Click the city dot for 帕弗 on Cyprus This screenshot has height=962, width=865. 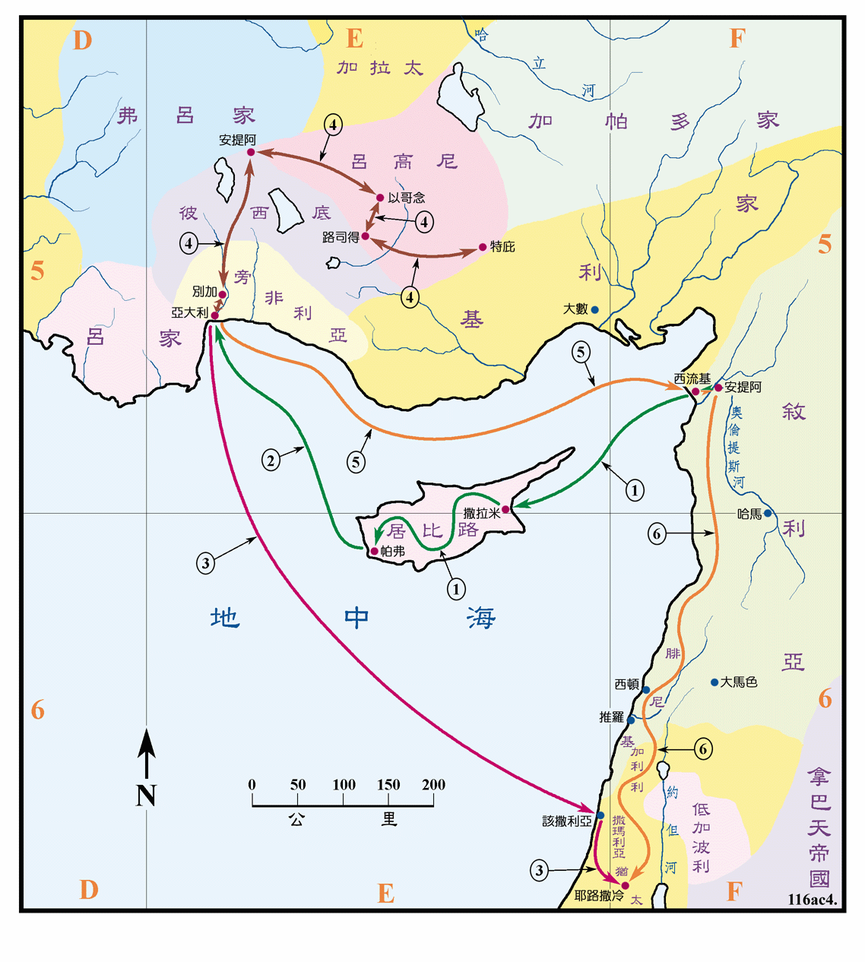[x=374, y=551]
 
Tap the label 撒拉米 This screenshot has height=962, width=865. [x=482, y=514]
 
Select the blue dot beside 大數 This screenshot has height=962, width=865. [x=594, y=310]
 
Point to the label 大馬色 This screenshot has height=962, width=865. [x=739, y=682]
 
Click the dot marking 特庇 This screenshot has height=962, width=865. [x=483, y=247]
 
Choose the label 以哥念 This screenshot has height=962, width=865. [x=407, y=198]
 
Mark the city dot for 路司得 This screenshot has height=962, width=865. [x=366, y=236]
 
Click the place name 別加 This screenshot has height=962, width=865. [x=204, y=292]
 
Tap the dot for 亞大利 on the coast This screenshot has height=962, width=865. [x=215, y=315]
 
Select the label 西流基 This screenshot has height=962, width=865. [x=692, y=378]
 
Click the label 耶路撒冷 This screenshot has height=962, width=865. [x=598, y=896]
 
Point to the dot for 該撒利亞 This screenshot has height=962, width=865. [x=600, y=815]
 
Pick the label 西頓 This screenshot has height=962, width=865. [x=626, y=685]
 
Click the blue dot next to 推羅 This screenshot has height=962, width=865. [x=631, y=720]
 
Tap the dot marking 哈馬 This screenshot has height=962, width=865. [x=768, y=513]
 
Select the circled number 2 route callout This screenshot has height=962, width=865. [x=271, y=460]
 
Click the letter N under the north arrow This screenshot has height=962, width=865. [x=146, y=796]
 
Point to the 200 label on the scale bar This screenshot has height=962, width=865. [x=433, y=785]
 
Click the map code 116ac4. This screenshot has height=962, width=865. [x=812, y=900]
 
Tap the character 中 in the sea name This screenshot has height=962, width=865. [x=356, y=618]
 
